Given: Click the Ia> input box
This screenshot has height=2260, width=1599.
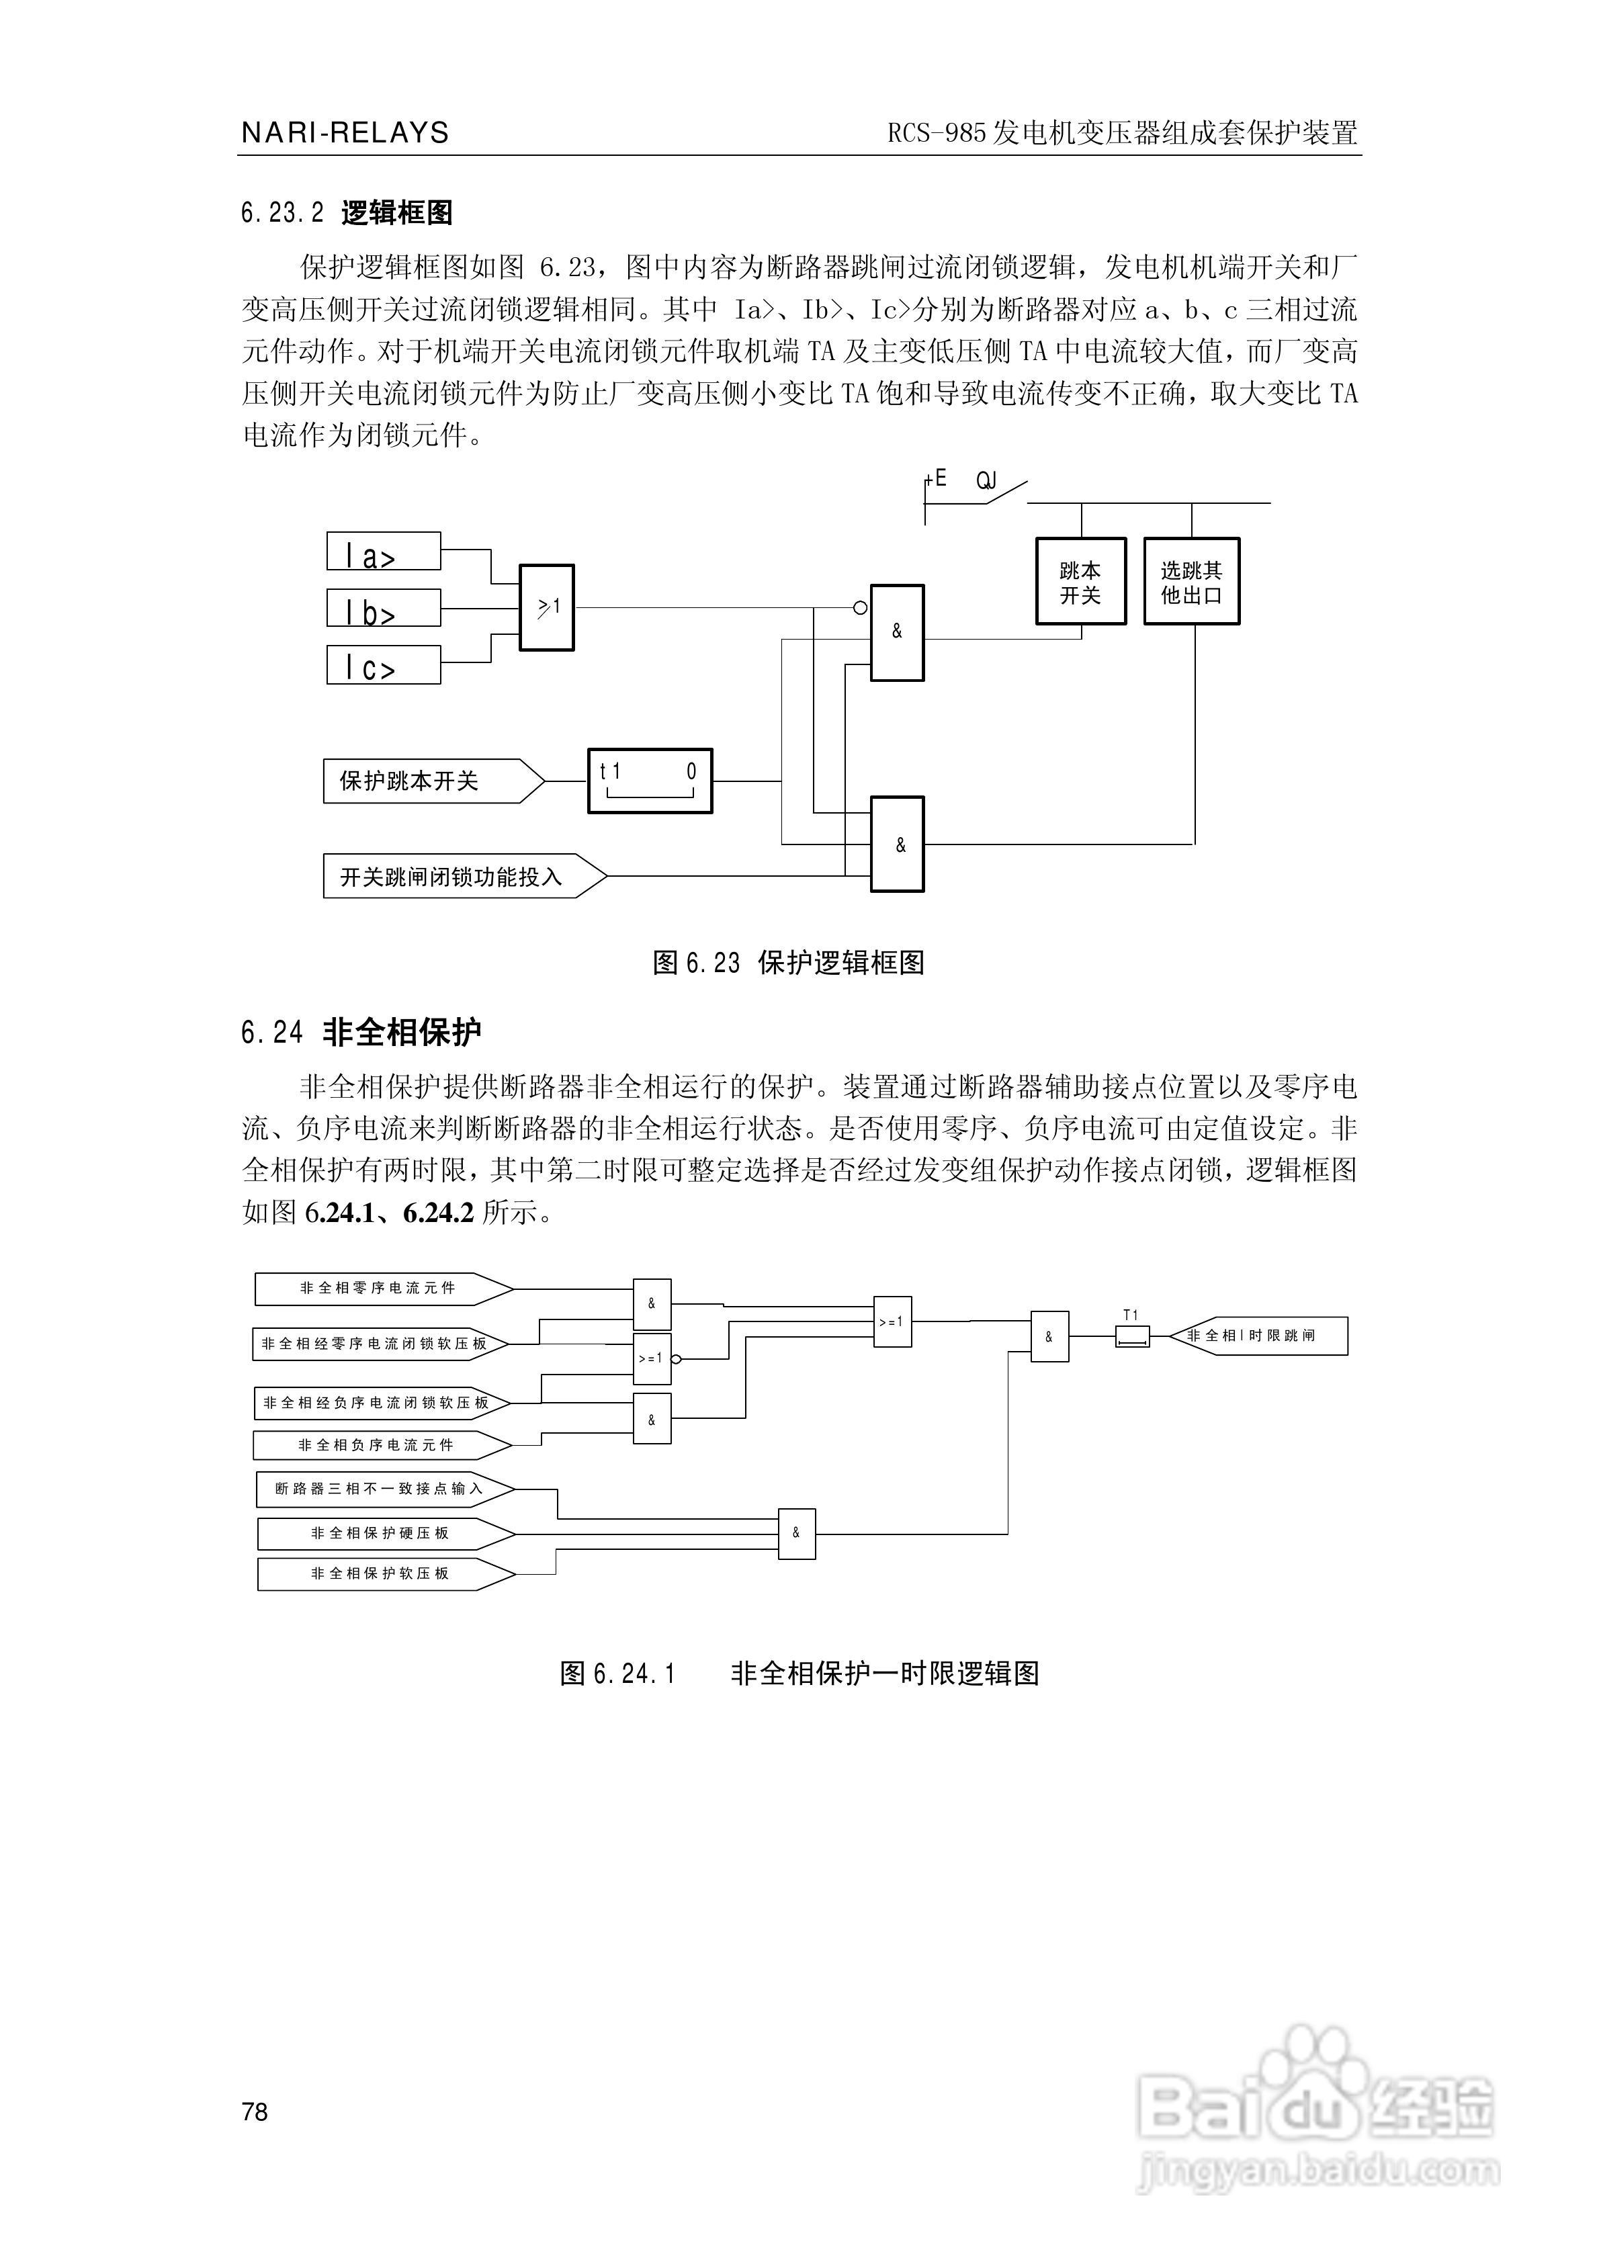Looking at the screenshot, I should point(383,551).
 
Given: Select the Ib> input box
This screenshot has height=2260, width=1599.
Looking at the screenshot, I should point(383,607).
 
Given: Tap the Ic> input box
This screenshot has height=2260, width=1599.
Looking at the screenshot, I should point(383,664).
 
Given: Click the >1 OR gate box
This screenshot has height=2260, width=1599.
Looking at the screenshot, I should point(546,607).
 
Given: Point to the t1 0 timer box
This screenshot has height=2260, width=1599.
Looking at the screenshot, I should point(650,781).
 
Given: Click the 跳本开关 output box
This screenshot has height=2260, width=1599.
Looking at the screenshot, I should point(1080,582).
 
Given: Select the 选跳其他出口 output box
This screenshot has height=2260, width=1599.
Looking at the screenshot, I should point(1191,582).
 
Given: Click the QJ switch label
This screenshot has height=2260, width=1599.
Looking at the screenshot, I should point(986,481).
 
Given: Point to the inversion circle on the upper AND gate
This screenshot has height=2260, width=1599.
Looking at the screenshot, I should point(861,607).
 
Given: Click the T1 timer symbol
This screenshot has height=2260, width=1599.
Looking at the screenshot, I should point(1131,1336).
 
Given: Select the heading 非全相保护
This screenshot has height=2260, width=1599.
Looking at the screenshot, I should point(402,1033).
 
